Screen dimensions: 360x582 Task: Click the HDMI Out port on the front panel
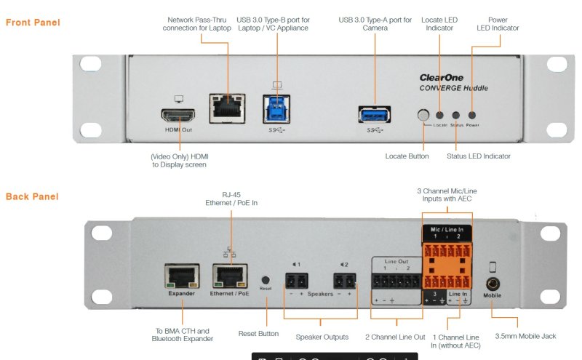pyautogui.click(x=177, y=116)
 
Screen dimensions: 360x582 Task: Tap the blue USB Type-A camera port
pyautogui.click(x=375, y=114)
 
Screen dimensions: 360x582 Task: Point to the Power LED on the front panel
pyautogui.click(x=472, y=115)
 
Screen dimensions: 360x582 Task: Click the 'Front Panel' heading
pyautogui.click(x=33, y=23)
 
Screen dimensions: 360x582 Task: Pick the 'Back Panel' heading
pyautogui.click(x=31, y=196)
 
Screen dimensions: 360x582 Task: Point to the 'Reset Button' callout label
pyautogui.click(x=258, y=334)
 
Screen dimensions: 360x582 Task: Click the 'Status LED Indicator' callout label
pyautogui.click(x=478, y=156)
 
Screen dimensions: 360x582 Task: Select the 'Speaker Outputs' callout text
pyautogui.click(x=322, y=337)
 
